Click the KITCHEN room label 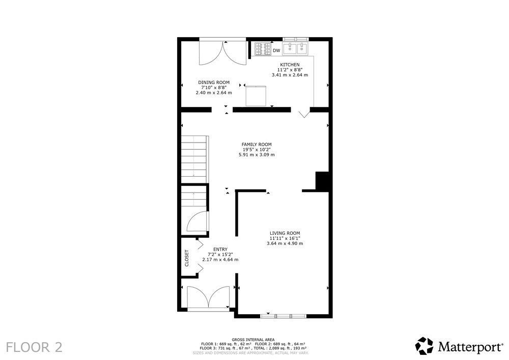tap(290, 65)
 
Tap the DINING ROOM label tap(214, 82)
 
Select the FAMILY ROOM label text tap(257, 145)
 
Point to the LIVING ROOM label tap(285, 233)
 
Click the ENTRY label tap(220, 250)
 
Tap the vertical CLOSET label tap(187, 258)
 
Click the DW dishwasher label tap(276, 50)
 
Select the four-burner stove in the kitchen tap(263, 49)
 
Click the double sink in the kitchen tap(295, 49)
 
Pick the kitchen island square tap(256, 96)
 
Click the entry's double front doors tap(209, 297)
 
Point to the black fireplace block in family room tap(322, 181)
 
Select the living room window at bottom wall tap(283, 316)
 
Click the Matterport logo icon tap(425, 346)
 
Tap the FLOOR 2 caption tap(34, 347)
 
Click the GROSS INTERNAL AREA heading tap(253, 340)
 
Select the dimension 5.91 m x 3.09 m tap(257, 155)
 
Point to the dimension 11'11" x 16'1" tap(285, 238)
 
